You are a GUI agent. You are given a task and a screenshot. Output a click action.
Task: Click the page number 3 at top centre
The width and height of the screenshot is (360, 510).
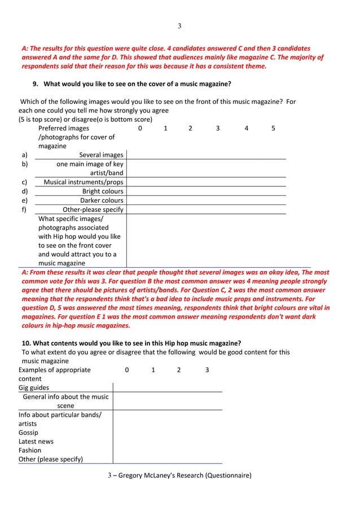(x=179, y=26)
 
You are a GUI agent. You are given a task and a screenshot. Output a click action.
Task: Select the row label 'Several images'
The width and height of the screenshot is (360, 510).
(x=101, y=155)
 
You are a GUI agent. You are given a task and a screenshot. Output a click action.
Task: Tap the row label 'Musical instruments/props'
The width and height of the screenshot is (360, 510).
(x=84, y=182)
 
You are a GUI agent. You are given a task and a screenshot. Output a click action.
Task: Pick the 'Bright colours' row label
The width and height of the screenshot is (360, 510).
(x=103, y=191)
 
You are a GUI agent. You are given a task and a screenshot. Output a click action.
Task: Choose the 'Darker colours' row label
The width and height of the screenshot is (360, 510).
(x=102, y=200)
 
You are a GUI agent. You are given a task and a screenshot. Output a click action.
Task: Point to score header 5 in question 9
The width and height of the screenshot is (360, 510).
(x=273, y=128)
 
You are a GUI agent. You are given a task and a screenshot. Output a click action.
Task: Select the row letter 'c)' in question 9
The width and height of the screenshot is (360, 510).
(x=24, y=182)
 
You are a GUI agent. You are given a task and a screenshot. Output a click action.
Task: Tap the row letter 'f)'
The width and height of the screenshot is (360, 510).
(x=24, y=210)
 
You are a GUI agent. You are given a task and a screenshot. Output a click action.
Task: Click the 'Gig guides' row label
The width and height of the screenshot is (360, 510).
(x=34, y=387)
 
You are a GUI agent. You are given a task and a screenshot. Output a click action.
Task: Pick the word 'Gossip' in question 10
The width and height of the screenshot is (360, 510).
(x=28, y=432)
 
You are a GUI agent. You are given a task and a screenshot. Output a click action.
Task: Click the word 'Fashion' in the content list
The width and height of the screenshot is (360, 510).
(x=30, y=450)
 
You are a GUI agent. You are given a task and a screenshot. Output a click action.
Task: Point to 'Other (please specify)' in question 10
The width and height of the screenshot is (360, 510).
(x=51, y=459)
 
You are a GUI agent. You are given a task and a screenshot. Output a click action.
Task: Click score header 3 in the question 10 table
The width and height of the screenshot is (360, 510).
(x=207, y=370)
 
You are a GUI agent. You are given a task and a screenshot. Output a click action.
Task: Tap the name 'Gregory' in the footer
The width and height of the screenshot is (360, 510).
(x=134, y=475)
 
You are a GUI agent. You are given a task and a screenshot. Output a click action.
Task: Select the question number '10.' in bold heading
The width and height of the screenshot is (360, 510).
(x=27, y=343)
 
